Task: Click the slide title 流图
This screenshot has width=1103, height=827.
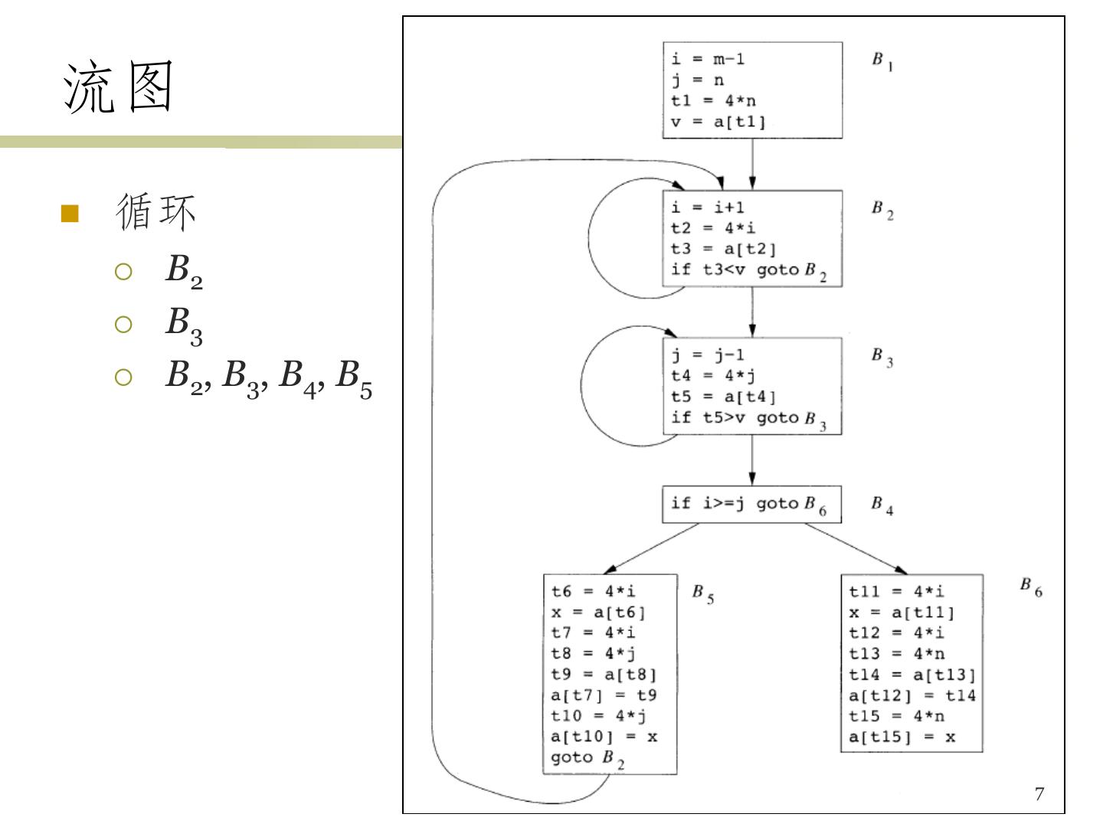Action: (x=119, y=87)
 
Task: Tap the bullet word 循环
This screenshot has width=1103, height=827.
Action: (x=155, y=212)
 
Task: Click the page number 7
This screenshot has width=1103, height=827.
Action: (x=1039, y=794)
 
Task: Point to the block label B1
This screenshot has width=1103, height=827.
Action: (x=882, y=61)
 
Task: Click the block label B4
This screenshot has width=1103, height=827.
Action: (x=882, y=505)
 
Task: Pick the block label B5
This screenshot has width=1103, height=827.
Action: (x=702, y=593)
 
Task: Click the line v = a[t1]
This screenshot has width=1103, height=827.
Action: (x=718, y=122)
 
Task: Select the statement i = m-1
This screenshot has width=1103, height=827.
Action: (x=708, y=59)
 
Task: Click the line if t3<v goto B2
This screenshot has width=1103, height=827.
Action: (x=748, y=270)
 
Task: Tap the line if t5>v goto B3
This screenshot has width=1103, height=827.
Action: (x=748, y=418)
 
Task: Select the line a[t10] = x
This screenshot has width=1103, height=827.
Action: (x=604, y=737)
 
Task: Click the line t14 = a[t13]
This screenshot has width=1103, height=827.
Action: (x=912, y=675)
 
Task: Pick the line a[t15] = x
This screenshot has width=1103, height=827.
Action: (x=902, y=737)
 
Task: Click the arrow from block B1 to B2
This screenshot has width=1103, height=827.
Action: (x=752, y=164)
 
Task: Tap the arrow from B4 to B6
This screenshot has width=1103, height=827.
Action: (x=855, y=548)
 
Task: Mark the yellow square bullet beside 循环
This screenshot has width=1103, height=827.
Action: (x=70, y=214)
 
